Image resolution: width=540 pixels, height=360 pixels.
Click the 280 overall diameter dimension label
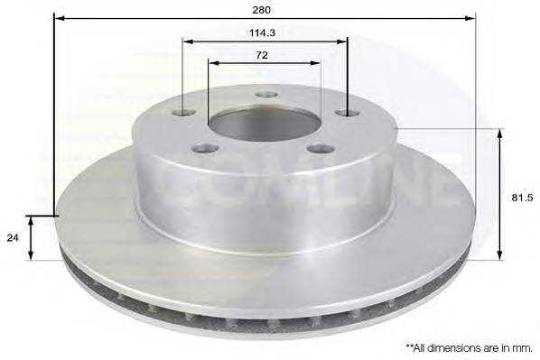click(x=262, y=10)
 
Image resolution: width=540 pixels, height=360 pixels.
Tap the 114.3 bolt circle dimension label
click(x=262, y=33)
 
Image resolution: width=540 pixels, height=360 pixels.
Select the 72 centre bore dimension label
click(x=262, y=55)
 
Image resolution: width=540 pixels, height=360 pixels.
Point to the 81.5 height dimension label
click(x=522, y=198)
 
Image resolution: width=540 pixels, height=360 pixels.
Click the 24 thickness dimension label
click(x=13, y=238)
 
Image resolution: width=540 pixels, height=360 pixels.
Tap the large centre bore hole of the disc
click(x=265, y=124)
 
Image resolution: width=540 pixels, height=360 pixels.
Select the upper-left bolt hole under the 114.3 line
click(x=184, y=112)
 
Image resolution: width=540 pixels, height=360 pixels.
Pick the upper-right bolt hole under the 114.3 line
click(x=348, y=113)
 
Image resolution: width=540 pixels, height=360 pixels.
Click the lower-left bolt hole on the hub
click(x=206, y=149)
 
